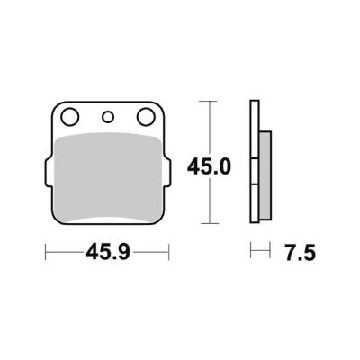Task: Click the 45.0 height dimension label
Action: click(x=209, y=167)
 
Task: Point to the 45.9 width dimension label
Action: click(x=108, y=252)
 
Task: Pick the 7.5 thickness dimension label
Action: click(x=301, y=253)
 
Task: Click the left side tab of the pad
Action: click(x=48, y=173)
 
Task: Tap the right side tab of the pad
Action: click(x=167, y=174)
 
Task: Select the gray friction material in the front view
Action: click(x=108, y=178)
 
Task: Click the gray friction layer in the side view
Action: click(x=265, y=175)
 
